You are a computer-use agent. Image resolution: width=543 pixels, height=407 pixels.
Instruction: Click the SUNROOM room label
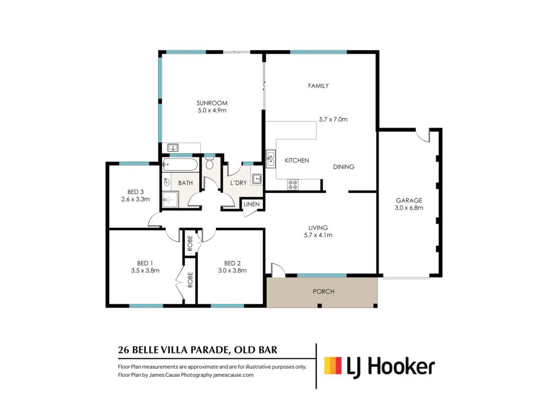[212, 103]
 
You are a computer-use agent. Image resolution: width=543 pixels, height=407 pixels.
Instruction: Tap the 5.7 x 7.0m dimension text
[333, 119]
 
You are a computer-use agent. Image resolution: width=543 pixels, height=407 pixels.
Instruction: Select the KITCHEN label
[297, 160]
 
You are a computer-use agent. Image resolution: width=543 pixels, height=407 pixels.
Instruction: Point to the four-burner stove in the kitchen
[293, 184]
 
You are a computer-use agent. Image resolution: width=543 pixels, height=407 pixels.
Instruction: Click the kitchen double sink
[270, 159]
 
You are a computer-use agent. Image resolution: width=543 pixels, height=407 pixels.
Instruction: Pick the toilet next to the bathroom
[209, 163]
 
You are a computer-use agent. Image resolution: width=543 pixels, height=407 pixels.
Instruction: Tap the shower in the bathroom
[170, 200]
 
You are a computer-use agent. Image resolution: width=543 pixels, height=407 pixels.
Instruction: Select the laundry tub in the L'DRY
[257, 179]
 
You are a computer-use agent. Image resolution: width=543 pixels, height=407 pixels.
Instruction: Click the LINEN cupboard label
[251, 204]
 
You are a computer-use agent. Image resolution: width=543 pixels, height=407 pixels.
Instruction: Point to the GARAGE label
[409, 200]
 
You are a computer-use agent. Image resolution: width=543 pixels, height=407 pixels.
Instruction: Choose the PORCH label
[323, 291]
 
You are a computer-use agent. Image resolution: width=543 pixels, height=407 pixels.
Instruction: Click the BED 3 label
[135, 192]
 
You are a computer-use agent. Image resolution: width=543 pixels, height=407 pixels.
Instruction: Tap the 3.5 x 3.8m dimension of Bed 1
[145, 271]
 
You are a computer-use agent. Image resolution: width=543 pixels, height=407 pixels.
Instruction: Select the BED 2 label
[232, 263]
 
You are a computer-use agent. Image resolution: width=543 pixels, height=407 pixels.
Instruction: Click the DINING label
[344, 167]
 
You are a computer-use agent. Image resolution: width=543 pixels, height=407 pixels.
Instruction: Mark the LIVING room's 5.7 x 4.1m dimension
[318, 235]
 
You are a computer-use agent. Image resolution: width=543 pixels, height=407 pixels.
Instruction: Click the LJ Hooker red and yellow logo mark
[333, 366]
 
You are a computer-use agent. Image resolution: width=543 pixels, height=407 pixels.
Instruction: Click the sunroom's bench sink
[172, 148]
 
